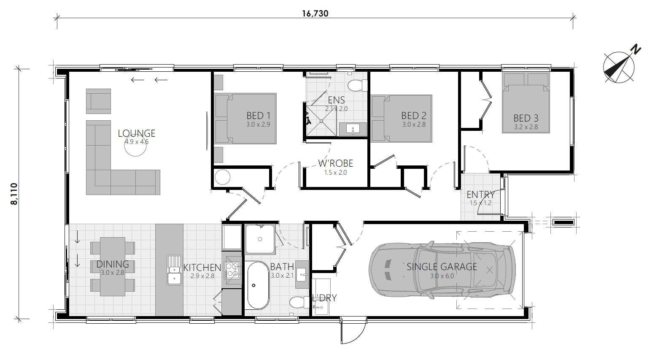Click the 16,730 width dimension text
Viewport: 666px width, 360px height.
click(315, 13)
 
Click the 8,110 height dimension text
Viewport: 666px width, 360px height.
click(15, 193)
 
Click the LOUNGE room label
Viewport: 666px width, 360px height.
click(136, 133)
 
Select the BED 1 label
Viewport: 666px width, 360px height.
click(258, 116)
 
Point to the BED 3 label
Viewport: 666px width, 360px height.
click(526, 118)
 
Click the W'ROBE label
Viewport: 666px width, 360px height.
click(335, 163)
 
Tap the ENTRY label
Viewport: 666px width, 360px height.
click(480, 195)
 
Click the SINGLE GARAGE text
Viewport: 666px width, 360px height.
click(442, 267)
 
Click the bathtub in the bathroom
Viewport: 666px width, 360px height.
click(257, 285)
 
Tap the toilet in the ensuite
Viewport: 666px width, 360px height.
click(357, 86)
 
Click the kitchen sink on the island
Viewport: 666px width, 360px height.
click(174, 270)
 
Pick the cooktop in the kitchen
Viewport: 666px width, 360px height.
click(231, 270)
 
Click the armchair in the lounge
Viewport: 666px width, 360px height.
click(98, 101)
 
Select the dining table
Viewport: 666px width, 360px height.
click(112, 266)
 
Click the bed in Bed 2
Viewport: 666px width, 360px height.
click(402, 118)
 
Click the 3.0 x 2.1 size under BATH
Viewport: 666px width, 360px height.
click(281, 276)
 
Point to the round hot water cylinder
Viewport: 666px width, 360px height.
click(222, 177)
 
